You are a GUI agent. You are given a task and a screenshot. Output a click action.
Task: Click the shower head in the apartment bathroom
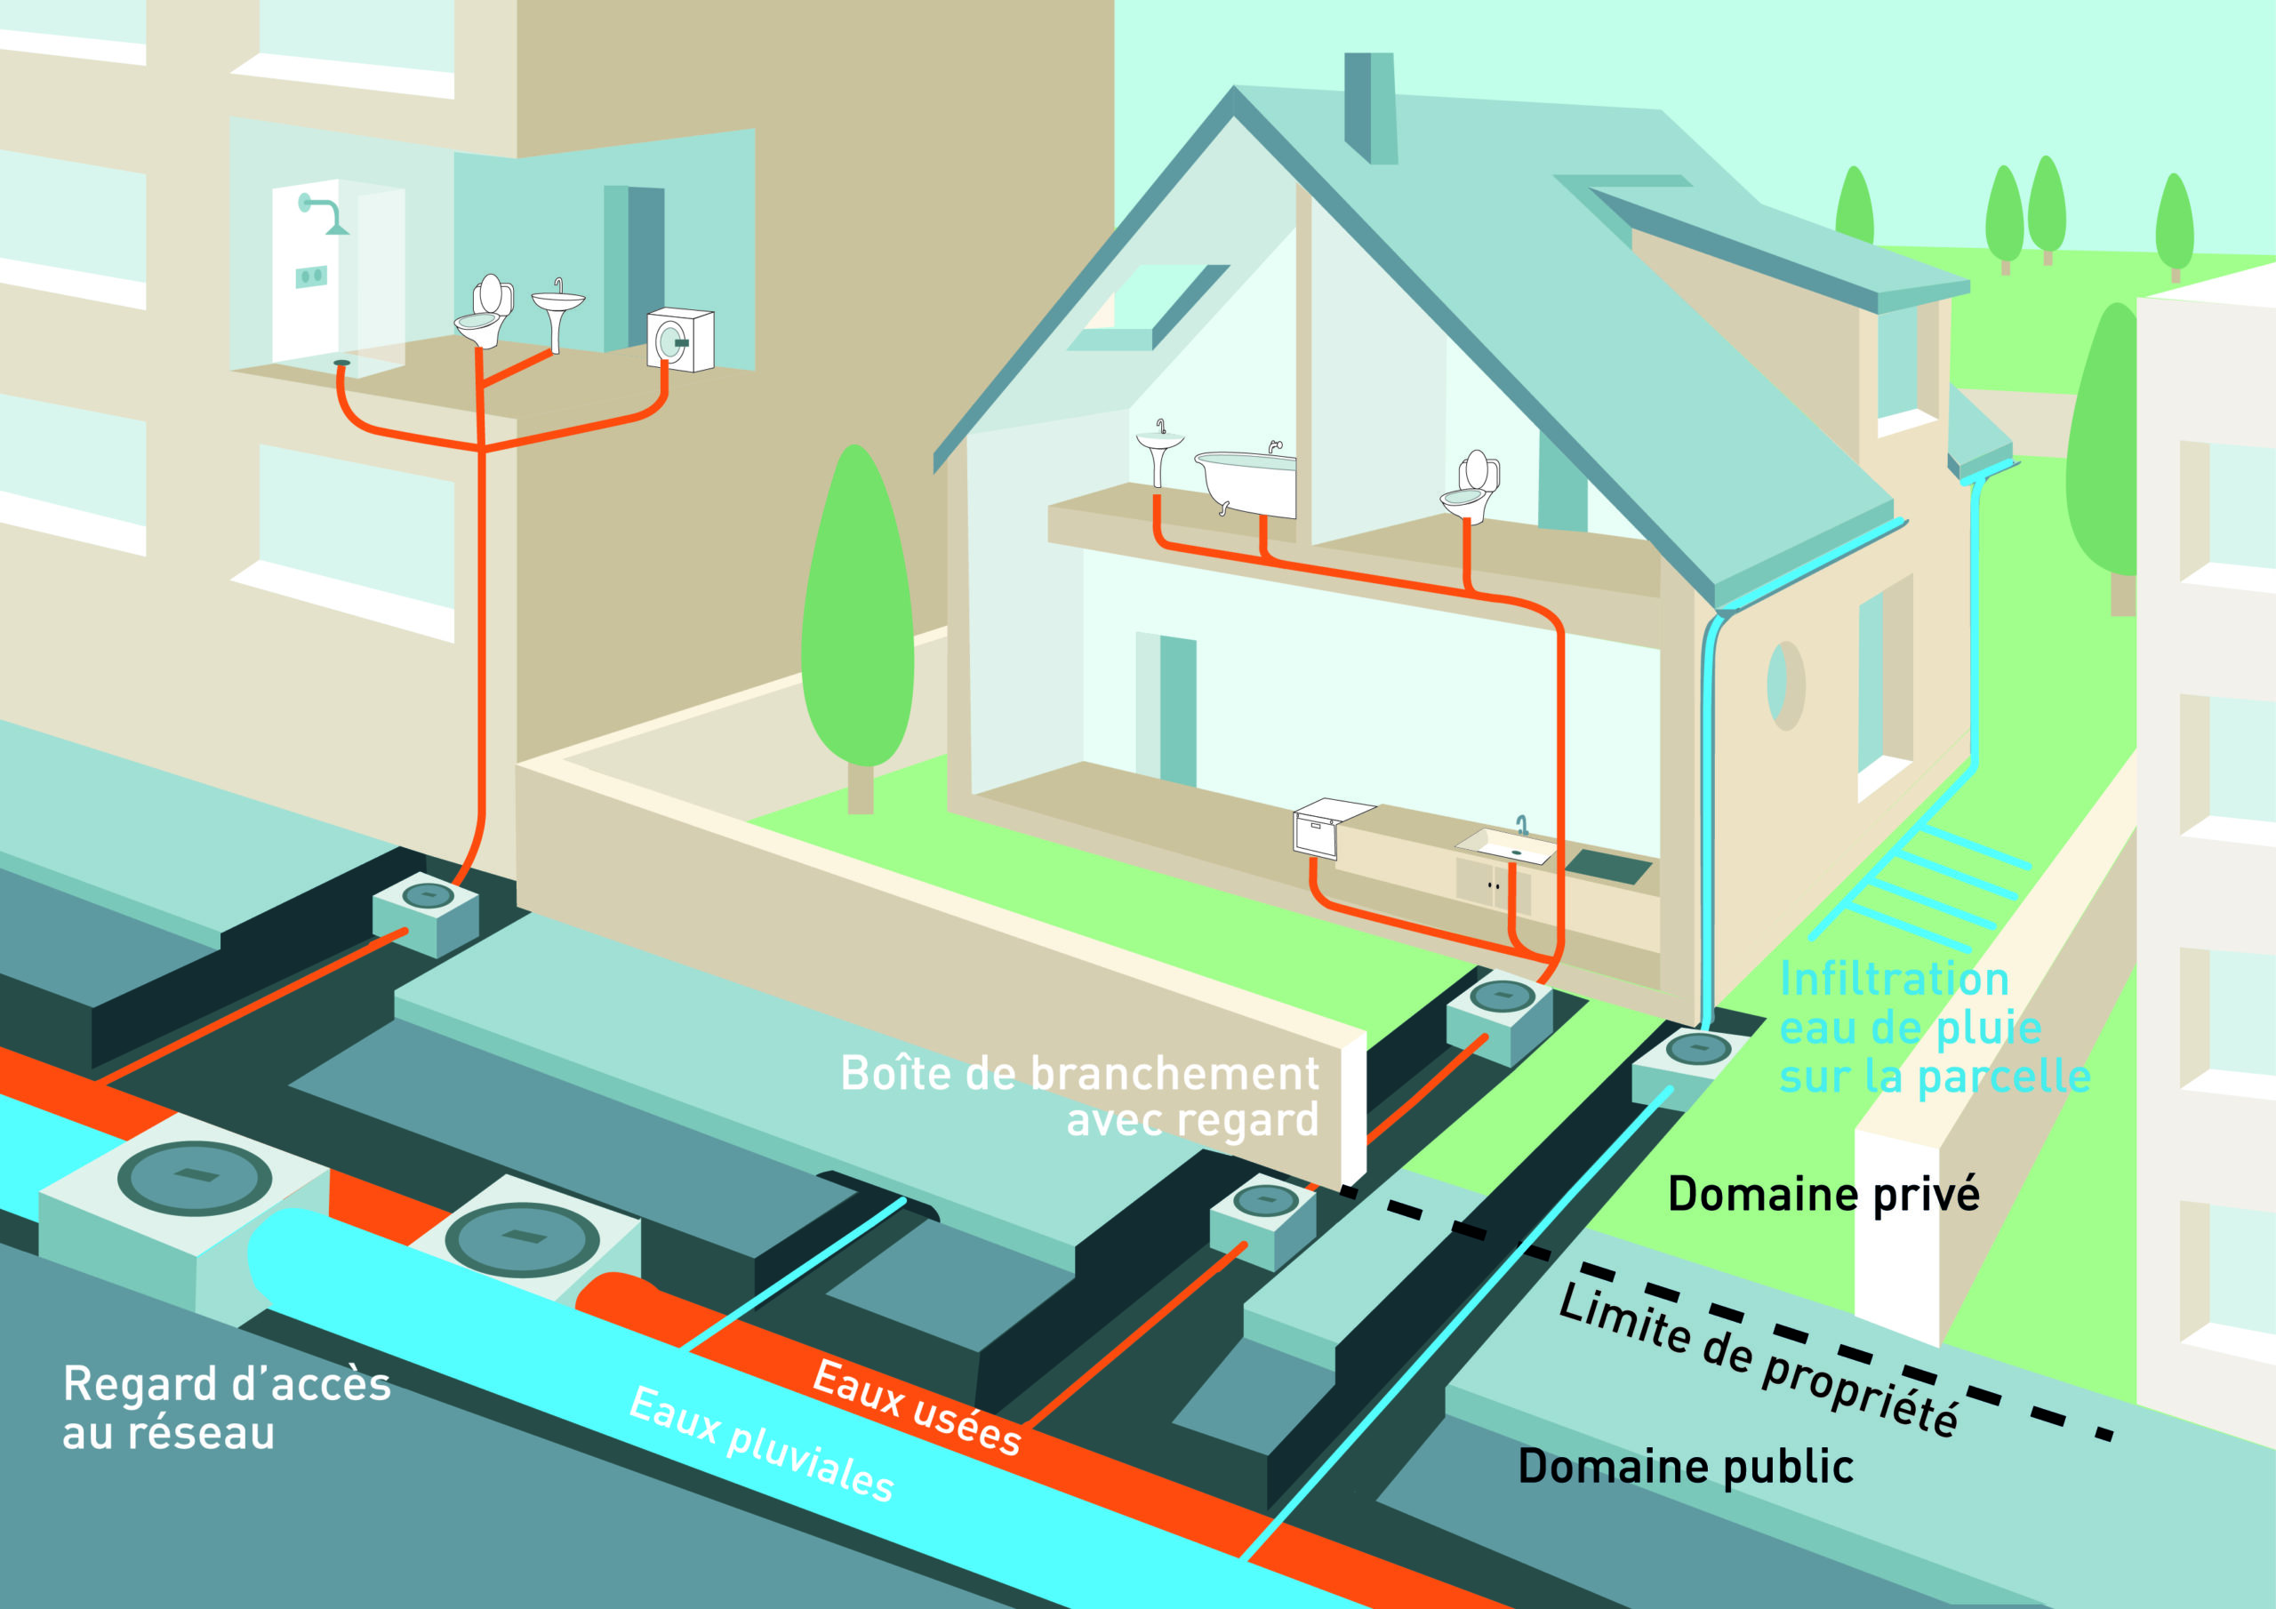327,213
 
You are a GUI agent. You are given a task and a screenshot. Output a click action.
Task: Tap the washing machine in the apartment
680,340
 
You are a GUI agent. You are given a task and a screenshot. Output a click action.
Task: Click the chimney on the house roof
1371,107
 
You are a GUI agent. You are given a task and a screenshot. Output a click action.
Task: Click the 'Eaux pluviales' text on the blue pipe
761,1444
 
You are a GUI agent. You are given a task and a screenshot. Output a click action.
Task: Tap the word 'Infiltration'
1894,980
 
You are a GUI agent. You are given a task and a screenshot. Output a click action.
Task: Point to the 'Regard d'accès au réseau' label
226,1408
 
